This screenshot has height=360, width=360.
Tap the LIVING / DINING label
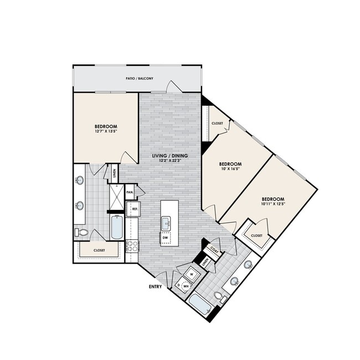(x=170, y=156)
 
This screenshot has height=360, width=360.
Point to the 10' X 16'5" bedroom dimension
(x=230, y=170)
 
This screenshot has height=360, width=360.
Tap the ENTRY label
(x=155, y=286)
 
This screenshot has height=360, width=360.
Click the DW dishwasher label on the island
(x=165, y=238)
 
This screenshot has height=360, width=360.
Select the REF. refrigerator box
(x=134, y=209)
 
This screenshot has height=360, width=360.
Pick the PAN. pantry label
(x=130, y=192)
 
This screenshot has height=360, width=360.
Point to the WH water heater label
(x=186, y=286)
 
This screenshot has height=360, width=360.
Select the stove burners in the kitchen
(x=132, y=246)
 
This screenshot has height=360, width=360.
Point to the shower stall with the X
(x=117, y=197)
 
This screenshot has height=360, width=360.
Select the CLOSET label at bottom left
(x=99, y=250)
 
